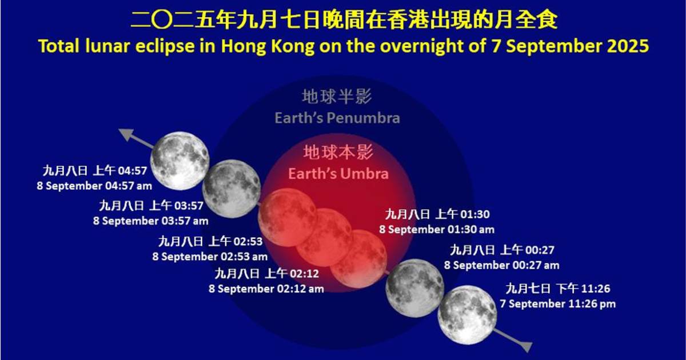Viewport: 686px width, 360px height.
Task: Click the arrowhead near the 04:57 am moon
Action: (126, 135)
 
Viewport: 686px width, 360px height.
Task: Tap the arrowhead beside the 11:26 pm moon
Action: (526, 346)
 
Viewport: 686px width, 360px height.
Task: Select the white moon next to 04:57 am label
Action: (180, 161)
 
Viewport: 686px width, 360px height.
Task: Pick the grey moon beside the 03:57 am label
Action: (232, 189)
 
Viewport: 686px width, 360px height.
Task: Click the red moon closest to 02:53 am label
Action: (287, 217)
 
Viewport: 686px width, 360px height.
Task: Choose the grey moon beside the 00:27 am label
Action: (414, 288)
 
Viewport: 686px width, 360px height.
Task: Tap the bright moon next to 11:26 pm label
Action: (468, 315)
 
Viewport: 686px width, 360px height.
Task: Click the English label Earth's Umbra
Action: (338, 174)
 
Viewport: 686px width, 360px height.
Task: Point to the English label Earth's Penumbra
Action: (337, 118)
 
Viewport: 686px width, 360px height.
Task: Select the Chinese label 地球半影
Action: (337, 97)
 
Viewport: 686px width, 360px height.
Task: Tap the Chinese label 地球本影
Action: (338, 152)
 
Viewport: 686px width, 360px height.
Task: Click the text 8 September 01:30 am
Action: (437, 230)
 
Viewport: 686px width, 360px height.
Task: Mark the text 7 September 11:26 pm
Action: (558, 303)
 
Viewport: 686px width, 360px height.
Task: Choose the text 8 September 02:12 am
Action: (266, 289)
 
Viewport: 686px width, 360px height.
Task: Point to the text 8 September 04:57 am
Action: (94, 186)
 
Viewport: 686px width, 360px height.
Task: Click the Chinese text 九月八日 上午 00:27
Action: (502, 250)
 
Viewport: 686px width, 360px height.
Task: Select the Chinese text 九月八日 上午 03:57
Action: (151, 206)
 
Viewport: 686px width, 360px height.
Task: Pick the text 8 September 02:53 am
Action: (210, 257)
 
